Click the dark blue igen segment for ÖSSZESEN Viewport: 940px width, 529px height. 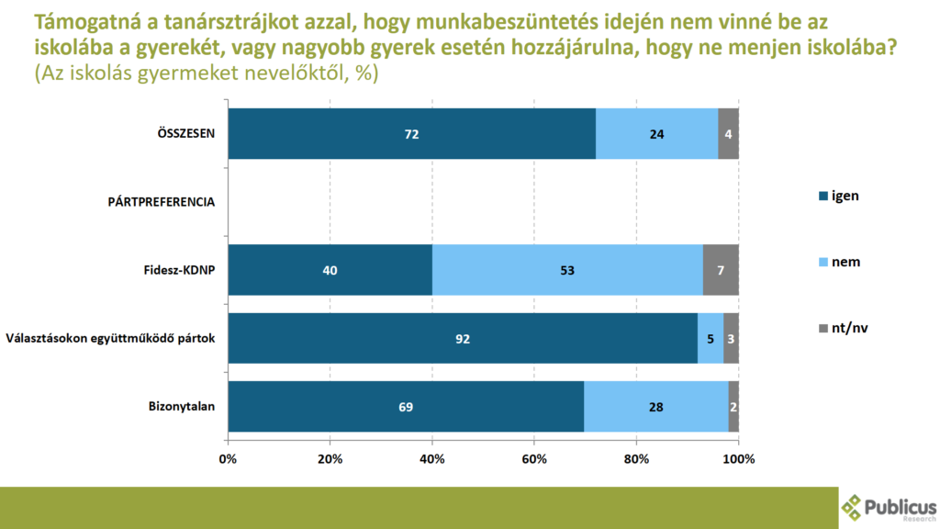(412, 133)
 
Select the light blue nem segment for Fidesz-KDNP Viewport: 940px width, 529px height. (567, 270)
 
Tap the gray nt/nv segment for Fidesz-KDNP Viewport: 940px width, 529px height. (721, 270)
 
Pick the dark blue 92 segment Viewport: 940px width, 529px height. (463, 338)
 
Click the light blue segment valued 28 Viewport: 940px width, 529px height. (656, 406)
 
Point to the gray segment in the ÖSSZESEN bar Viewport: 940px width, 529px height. (728, 133)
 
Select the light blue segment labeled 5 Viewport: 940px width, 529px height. (710, 338)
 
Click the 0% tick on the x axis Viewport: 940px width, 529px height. (229, 458)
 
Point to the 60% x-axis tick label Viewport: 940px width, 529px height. (534, 458)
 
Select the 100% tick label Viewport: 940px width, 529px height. (738, 458)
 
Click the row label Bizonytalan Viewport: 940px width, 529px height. (182, 406)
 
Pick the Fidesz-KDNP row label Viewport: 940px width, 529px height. (174, 270)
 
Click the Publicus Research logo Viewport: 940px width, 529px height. (889, 508)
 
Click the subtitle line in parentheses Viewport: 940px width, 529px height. (206, 74)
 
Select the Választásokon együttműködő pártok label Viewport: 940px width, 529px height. (110, 338)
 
